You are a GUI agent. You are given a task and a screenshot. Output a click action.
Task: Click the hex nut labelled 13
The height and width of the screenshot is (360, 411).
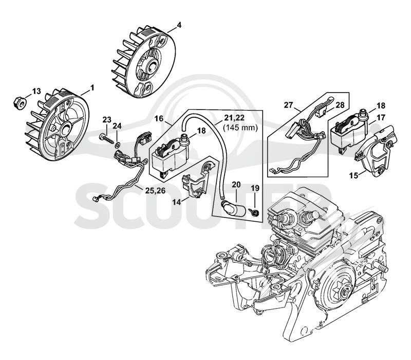coord(20,102)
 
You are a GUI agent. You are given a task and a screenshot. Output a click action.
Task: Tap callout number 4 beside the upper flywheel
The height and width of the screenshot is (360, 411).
coord(179,25)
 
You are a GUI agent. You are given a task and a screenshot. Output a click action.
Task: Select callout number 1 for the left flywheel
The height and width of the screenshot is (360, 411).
coord(92,88)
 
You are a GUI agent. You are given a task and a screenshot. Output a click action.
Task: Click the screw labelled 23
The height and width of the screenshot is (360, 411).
coord(107,139)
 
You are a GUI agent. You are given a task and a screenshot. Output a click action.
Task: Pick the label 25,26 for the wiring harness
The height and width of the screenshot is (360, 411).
coord(156,191)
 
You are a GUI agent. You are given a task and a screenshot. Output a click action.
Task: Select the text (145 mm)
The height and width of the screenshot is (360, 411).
coord(240,128)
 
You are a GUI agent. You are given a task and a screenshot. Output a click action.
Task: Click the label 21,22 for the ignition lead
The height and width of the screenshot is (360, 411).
coord(234,118)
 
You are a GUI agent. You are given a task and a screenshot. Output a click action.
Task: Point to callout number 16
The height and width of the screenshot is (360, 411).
coord(159,119)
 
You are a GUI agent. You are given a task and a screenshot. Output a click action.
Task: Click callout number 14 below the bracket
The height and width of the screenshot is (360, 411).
coord(177,202)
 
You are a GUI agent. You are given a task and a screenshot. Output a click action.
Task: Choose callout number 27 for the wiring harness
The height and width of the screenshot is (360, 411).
coord(288,105)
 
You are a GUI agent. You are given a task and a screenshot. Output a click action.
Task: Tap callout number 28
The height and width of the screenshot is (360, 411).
coord(340,105)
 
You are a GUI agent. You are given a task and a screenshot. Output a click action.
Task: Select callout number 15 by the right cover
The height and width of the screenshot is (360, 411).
coord(354,175)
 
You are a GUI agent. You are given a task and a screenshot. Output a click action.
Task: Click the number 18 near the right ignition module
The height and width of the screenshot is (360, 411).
coord(381,105)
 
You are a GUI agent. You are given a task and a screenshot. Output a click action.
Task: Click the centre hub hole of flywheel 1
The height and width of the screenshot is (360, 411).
coord(66,128)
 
